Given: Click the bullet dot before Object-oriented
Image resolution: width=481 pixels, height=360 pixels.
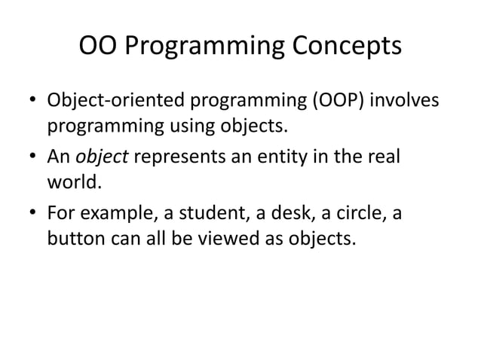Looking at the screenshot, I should pos(32,101).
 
